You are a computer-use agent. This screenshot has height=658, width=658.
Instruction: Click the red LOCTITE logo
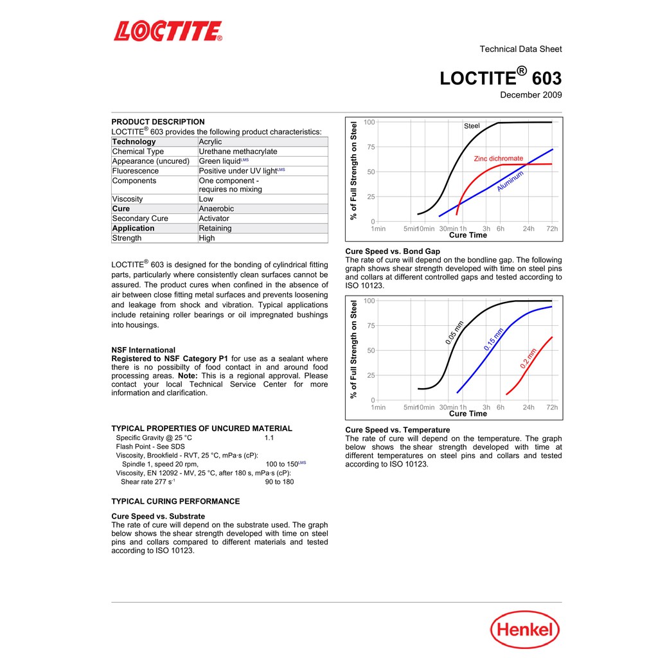click(168, 31)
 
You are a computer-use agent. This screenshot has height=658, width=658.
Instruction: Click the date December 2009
click(531, 95)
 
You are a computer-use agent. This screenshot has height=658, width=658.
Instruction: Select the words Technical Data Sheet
click(520, 49)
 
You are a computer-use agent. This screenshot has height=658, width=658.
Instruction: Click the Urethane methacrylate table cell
click(238, 152)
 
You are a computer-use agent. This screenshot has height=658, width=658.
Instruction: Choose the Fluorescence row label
click(136, 171)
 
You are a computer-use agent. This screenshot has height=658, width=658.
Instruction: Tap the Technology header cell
click(134, 142)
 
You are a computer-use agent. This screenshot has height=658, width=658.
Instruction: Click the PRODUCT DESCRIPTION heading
click(158, 121)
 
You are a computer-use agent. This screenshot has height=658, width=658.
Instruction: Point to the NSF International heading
click(143, 350)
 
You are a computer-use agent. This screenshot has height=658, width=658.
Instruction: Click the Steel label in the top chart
click(472, 126)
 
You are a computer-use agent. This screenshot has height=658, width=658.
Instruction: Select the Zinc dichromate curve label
click(499, 159)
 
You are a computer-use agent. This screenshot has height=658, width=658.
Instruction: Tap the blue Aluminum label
click(510, 181)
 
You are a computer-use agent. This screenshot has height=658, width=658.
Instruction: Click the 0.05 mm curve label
click(455, 333)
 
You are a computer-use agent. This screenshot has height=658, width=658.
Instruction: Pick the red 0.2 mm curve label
click(528, 359)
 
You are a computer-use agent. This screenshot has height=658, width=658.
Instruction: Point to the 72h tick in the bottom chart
click(552, 407)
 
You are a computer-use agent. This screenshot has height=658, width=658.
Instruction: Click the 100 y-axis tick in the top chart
click(369, 122)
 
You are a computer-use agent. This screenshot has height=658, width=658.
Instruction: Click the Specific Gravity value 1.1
click(269, 438)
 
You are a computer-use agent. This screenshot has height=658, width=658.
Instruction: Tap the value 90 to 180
click(280, 482)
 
